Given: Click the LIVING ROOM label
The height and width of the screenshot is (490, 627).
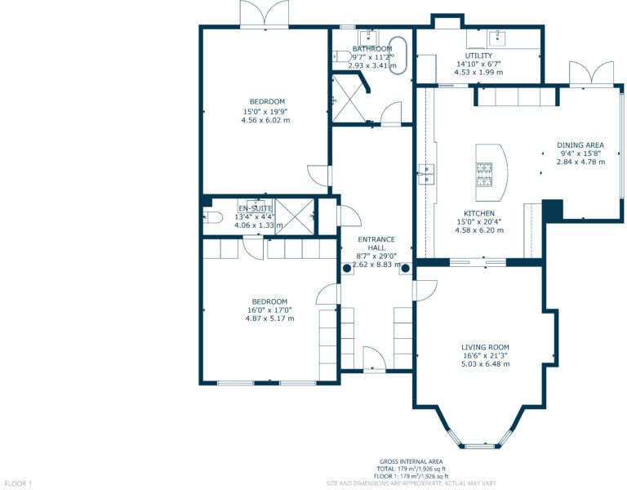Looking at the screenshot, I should (x=485, y=347).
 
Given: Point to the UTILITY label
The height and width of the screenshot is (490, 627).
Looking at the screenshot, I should (x=478, y=56).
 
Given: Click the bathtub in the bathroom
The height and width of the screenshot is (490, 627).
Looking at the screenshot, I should (x=398, y=55).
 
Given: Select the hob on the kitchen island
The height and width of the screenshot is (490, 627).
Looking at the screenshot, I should (x=484, y=171).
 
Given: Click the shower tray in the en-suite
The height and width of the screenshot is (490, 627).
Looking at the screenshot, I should (x=295, y=216).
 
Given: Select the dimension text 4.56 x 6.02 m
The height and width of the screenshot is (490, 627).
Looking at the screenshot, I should (x=265, y=120).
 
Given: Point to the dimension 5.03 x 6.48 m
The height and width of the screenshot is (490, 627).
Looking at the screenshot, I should (x=485, y=364).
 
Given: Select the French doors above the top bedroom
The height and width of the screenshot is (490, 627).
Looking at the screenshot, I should (x=264, y=14).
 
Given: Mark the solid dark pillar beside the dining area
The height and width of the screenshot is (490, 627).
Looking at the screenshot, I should (x=552, y=210).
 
